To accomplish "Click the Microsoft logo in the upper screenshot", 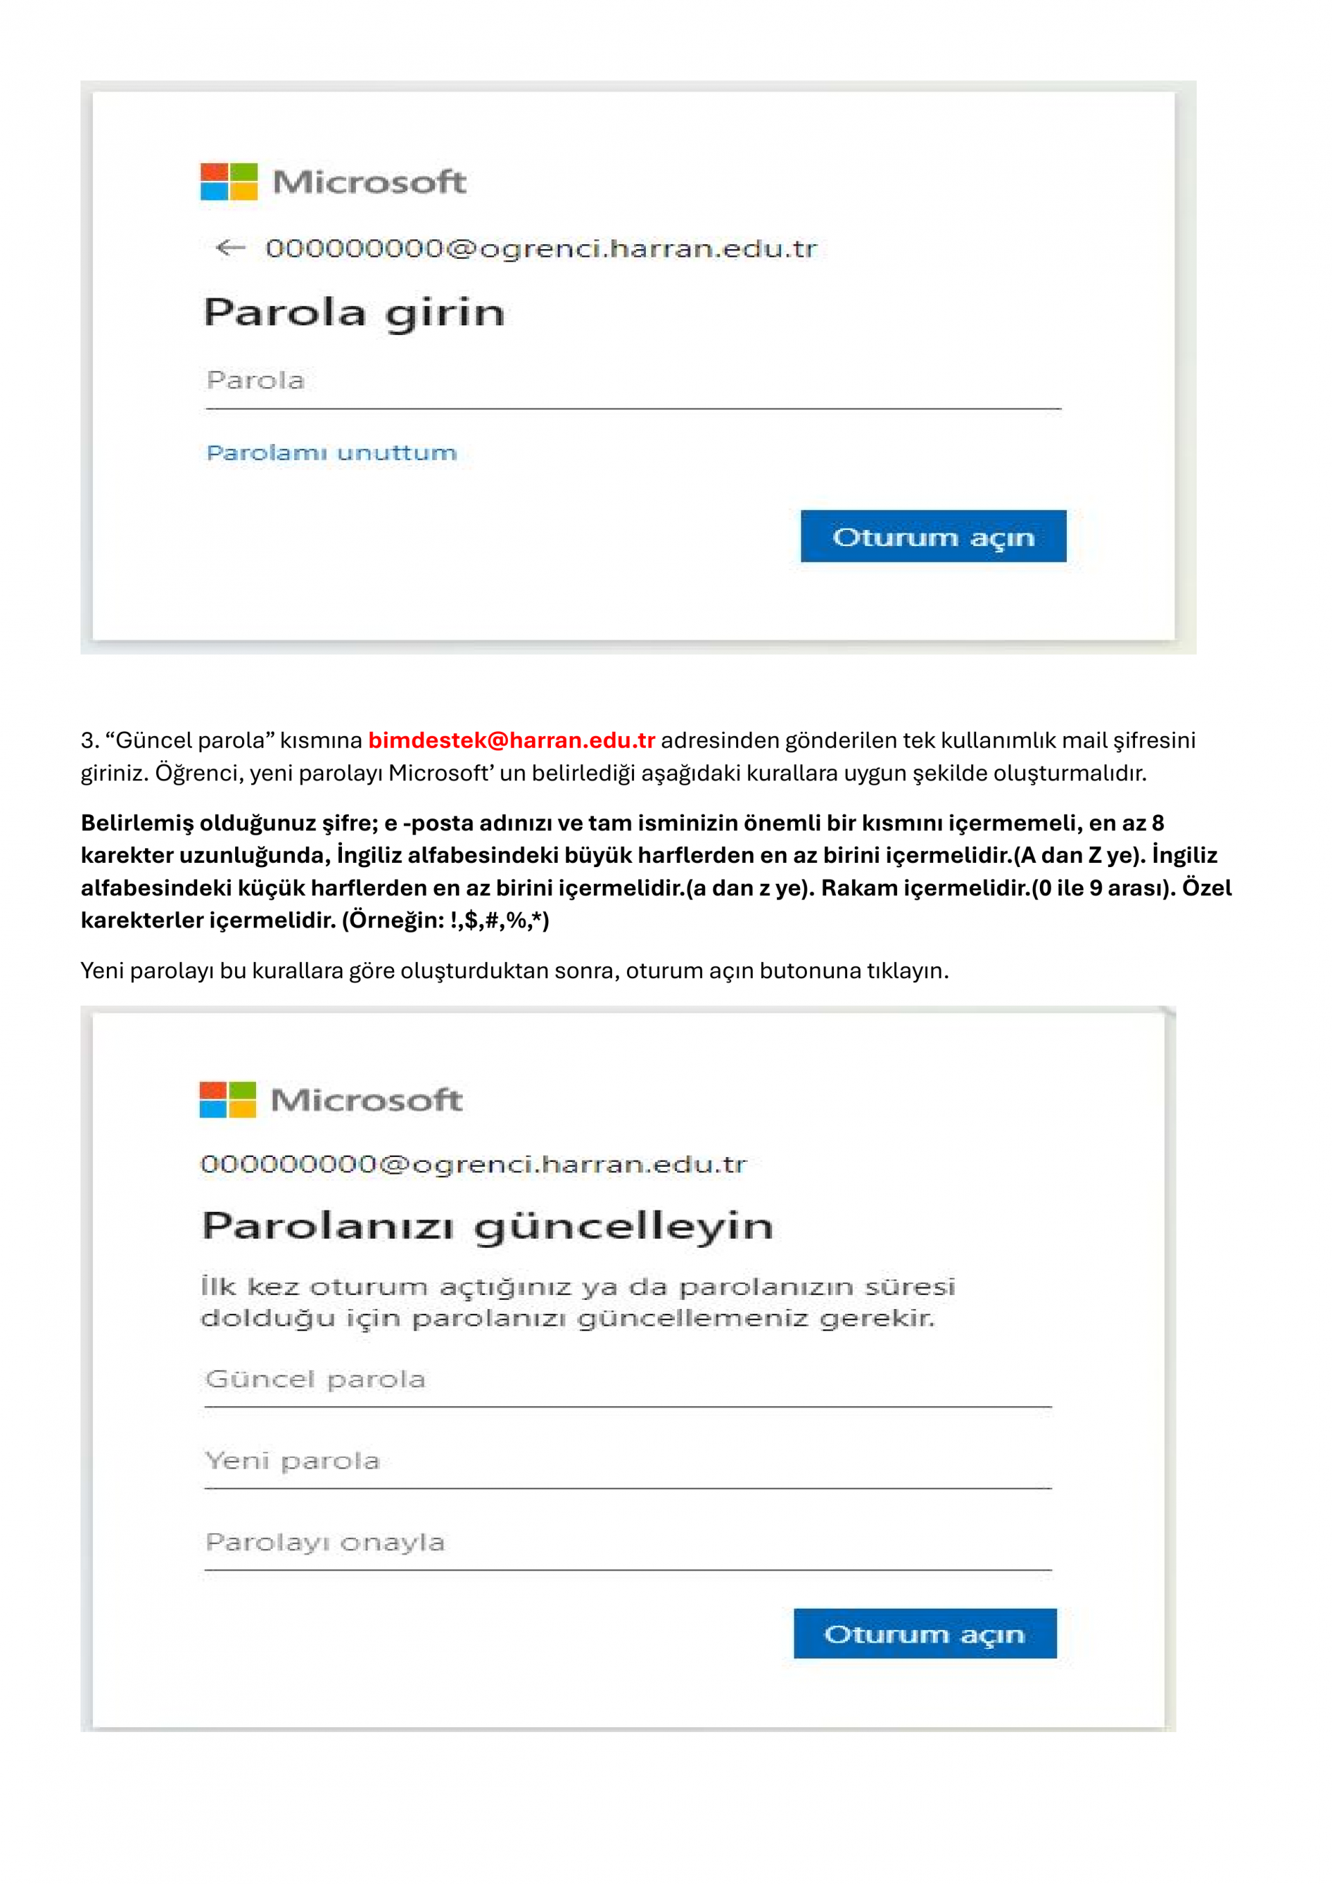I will click(x=229, y=181).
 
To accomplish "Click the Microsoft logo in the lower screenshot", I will click(x=228, y=1099).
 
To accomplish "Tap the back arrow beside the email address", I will click(x=230, y=248).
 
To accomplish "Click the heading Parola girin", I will click(x=354, y=313).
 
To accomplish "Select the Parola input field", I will click(x=632, y=382).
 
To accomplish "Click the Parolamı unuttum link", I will click(x=332, y=452).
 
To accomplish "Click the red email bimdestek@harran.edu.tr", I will click(x=511, y=740).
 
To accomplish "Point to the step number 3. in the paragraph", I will click(x=89, y=740).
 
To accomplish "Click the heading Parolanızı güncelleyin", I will click(x=488, y=1226).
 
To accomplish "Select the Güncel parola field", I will click(x=628, y=1380).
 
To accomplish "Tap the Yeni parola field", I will click(x=628, y=1462).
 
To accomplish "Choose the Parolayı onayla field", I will click(x=628, y=1543).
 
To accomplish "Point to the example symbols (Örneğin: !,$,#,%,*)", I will click(x=445, y=920).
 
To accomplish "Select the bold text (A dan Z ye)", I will click(x=1080, y=855).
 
